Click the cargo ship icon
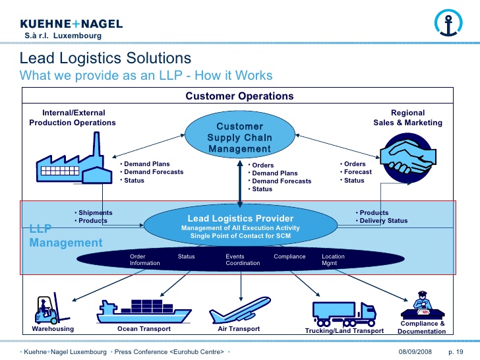click(144, 309)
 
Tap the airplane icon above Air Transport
click(243, 308)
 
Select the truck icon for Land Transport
click(344, 312)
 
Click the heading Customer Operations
click(239, 96)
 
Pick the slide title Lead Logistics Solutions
click(105, 59)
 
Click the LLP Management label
click(65, 236)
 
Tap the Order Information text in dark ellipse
click(144, 260)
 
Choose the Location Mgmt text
click(333, 260)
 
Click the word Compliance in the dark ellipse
click(289, 256)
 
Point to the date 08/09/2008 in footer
click(415, 351)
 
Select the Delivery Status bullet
click(383, 221)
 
